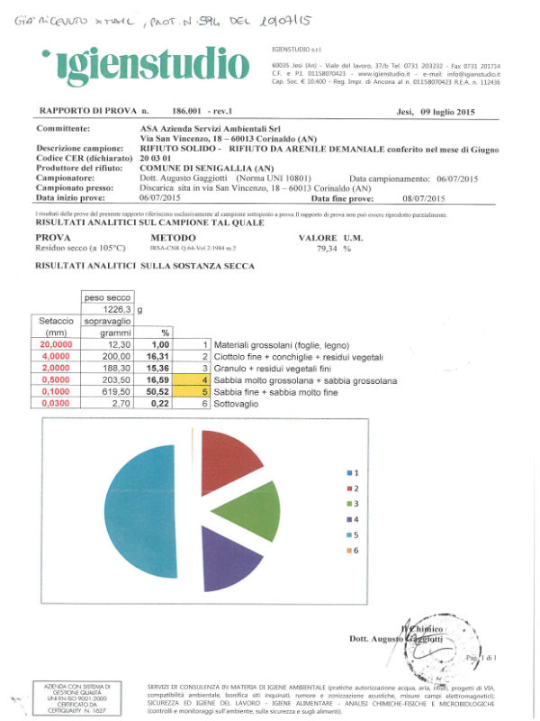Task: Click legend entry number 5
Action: [x=354, y=534]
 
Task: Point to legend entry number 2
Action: [x=354, y=488]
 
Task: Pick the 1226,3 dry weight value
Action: [x=107, y=309]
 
